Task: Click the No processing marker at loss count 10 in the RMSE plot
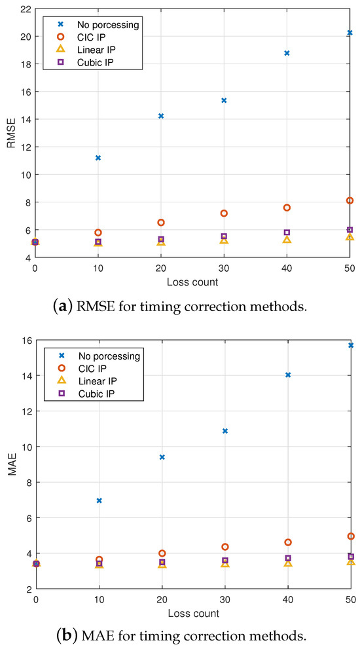point(98,158)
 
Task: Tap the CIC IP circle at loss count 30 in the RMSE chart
point(224,213)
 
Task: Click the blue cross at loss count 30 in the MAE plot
point(225,431)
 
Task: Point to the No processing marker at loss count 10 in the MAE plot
point(99,500)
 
